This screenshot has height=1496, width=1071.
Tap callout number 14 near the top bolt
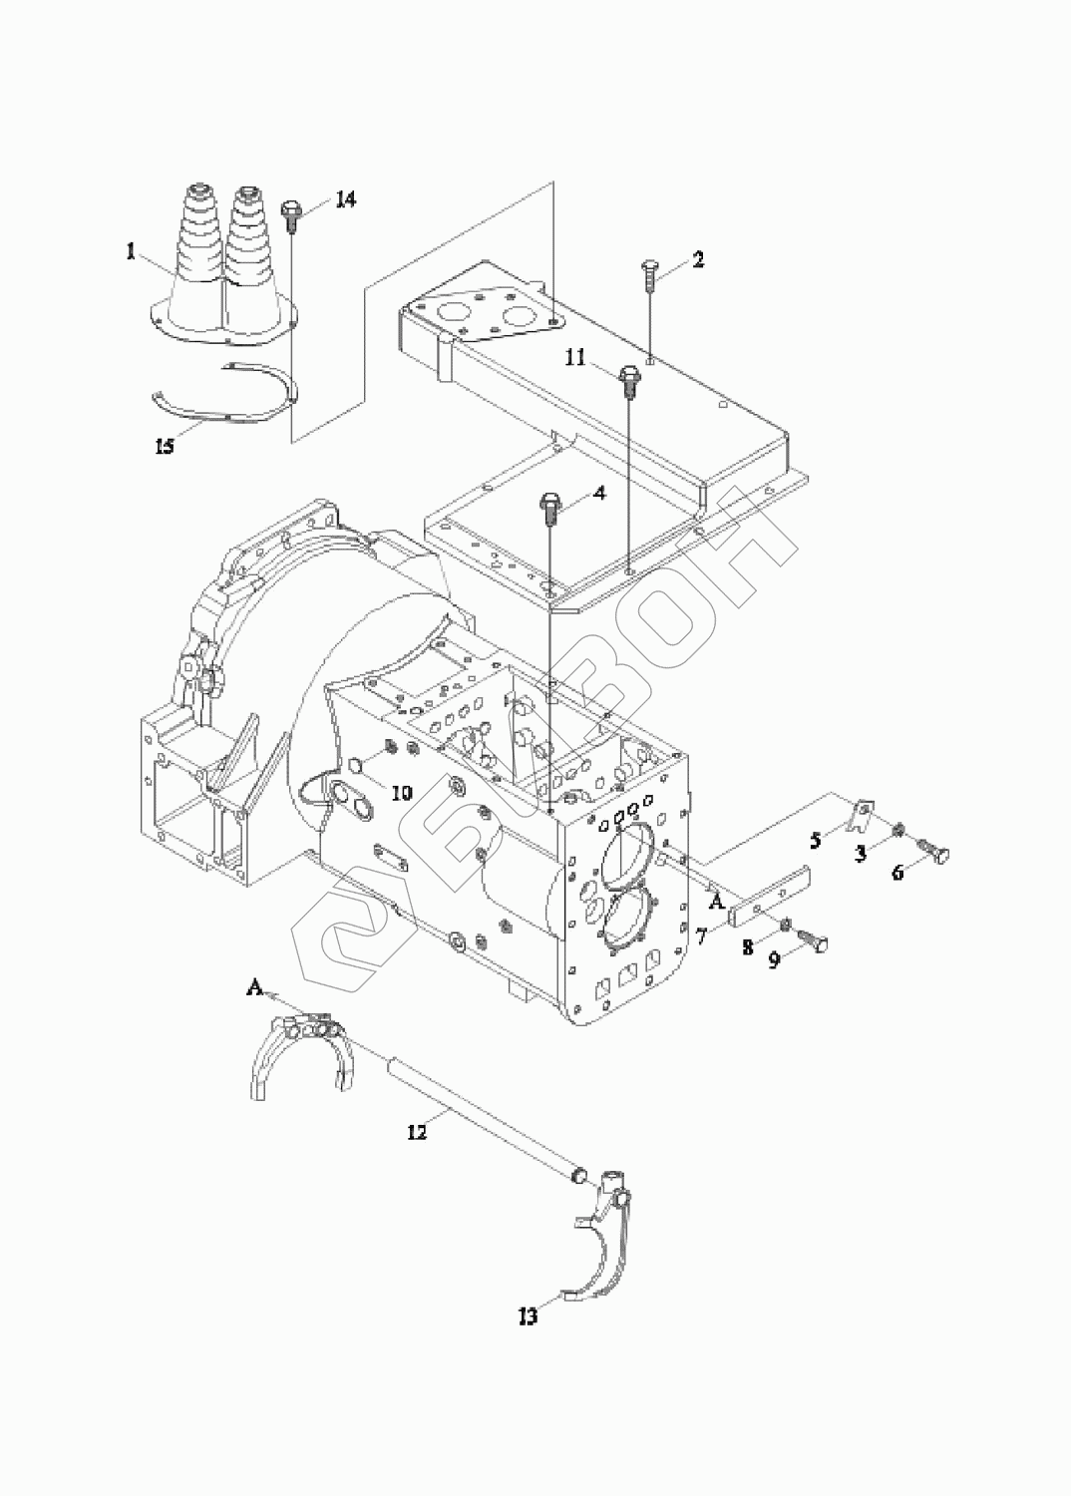345,199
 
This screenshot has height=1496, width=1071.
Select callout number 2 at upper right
697,259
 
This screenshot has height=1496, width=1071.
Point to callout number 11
575,358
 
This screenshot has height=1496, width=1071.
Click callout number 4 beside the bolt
599,494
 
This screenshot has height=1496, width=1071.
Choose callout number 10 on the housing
402,794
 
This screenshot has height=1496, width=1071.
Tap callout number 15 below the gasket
165,446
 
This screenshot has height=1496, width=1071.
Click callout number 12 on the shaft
416,1132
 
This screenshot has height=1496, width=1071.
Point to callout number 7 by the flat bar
700,937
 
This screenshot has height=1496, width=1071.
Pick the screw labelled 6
935,852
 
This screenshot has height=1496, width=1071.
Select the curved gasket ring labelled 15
224,394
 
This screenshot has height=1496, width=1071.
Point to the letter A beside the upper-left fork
253,1006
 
